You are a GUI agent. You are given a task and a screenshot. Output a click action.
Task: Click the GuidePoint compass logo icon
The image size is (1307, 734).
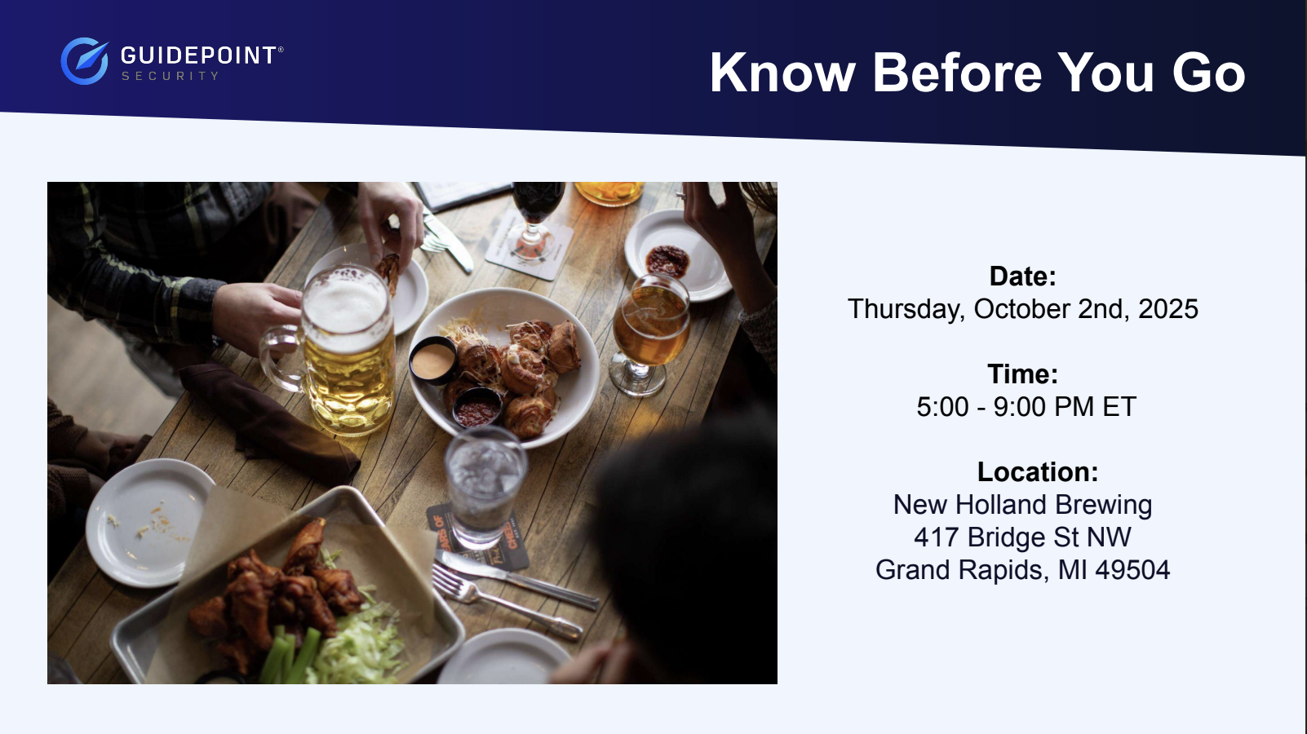pyautogui.click(x=85, y=61)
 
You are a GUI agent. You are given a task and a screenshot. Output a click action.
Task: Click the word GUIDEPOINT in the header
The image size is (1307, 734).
pyautogui.click(x=198, y=56)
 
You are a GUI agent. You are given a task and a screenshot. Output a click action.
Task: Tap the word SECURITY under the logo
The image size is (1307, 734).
pyautogui.click(x=170, y=76)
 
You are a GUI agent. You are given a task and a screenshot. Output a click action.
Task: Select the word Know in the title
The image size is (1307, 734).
pyautogui.click(x=782, y=73)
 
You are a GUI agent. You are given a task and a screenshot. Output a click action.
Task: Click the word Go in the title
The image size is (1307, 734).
pyautogui.click(x=1208, y=73)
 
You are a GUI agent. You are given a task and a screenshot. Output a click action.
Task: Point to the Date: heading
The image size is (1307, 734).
pyautogui.click(x=1023, y=276)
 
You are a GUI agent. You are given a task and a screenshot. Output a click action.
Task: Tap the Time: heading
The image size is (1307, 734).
pyautogui.click(x=1023, y=374)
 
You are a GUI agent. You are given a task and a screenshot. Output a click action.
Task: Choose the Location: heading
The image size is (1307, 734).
pyautogui.click(x=1038, y=472)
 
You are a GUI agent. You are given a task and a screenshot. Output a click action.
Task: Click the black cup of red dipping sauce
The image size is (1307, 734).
pyautogui.click(x=476, y=407)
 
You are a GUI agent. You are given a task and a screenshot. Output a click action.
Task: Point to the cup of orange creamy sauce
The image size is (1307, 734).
pyautogui.click(x=432, y=360)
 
